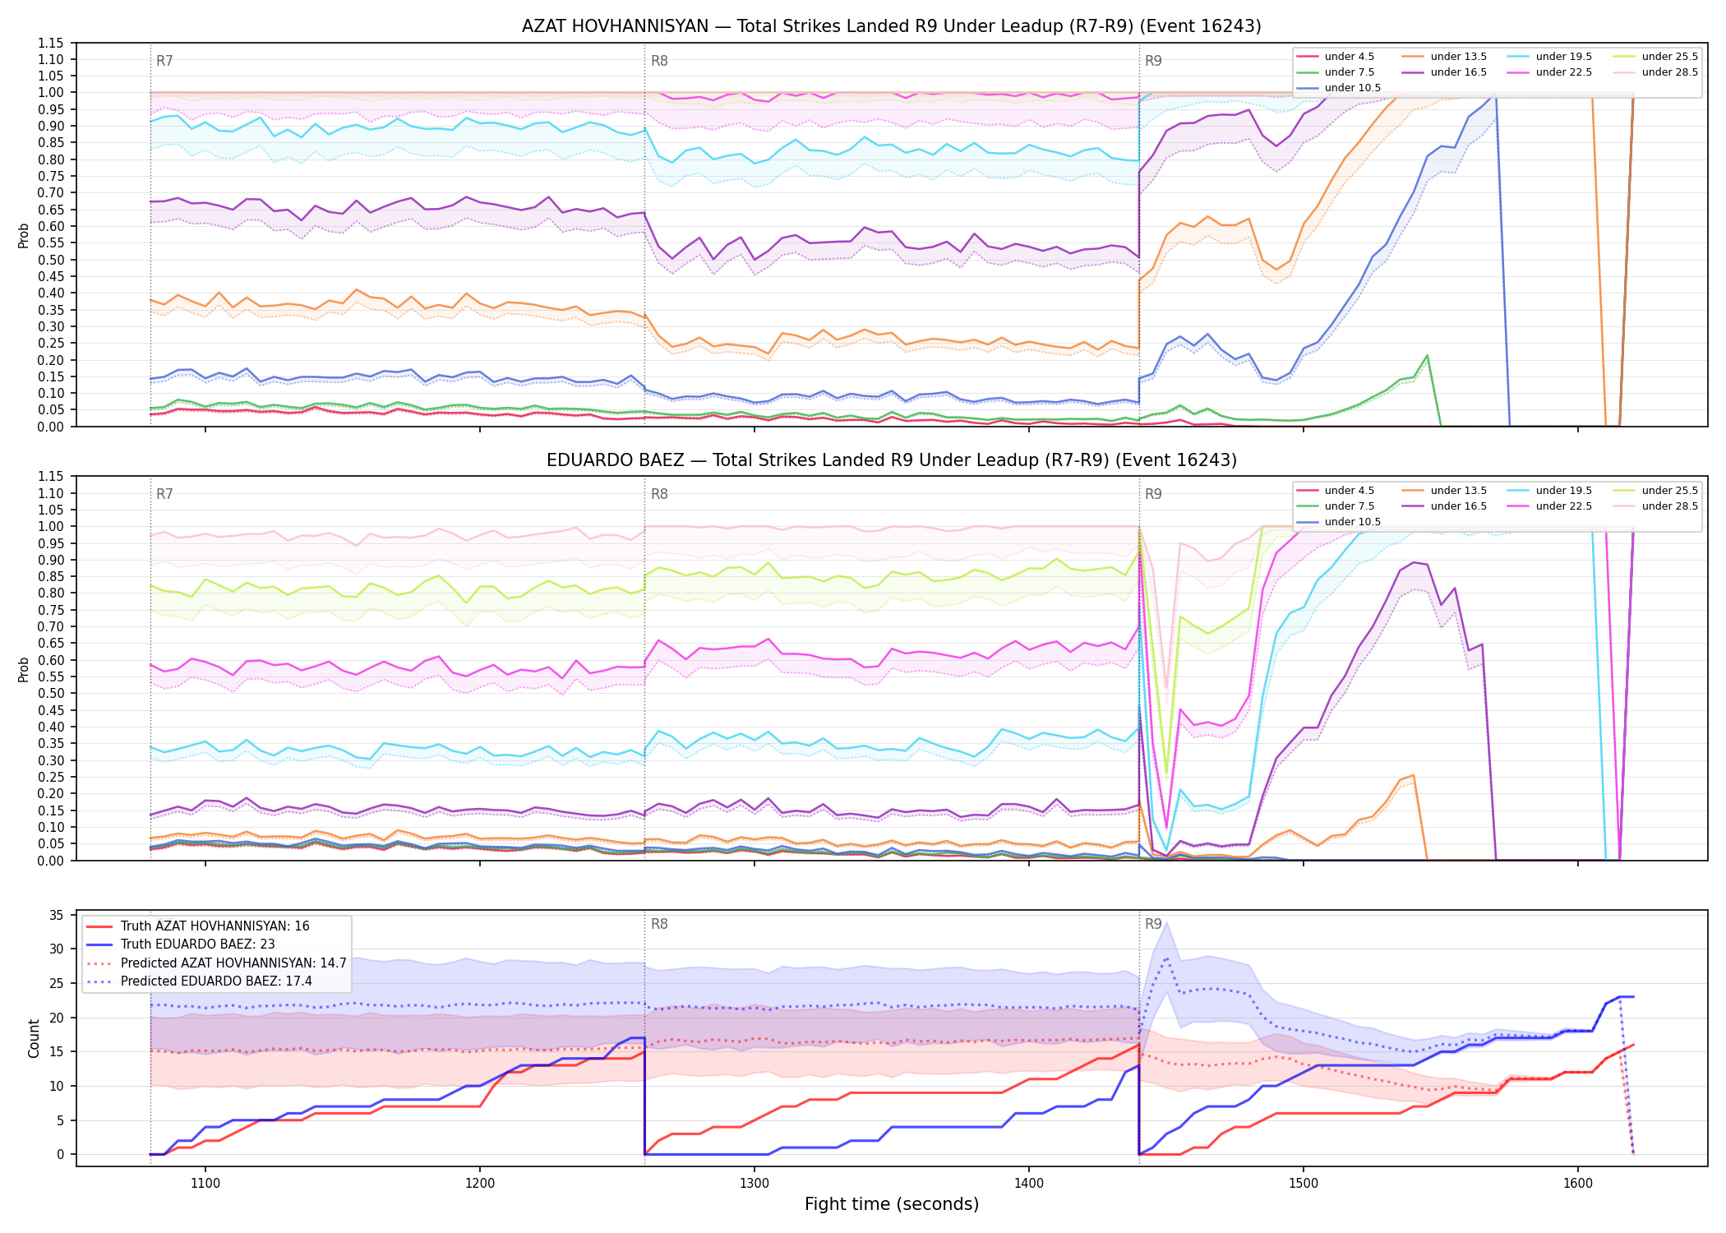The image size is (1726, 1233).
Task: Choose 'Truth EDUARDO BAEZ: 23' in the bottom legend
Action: tap(197, 944)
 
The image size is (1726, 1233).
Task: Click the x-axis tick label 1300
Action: tap(755, 1184)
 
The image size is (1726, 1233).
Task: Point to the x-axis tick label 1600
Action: tap(1578, 1184)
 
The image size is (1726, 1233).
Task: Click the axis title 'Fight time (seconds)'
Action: tap(892, 1204)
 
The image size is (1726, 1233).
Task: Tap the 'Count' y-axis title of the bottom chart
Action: tap(34, 1038)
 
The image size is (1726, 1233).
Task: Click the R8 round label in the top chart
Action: tap(659, 61)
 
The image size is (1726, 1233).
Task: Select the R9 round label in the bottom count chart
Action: tap(1153, 924)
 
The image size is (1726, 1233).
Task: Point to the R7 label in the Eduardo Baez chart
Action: tap(164, 494)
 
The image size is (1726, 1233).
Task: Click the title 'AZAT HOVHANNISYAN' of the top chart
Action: tap(615, 26)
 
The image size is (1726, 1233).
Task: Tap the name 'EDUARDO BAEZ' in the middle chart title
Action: tap(615, 460)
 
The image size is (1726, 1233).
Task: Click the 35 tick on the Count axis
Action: tap(57, 915)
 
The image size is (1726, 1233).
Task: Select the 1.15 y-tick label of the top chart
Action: tap(51, 43)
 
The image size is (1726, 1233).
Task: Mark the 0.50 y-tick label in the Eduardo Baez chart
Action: tap(51, 693)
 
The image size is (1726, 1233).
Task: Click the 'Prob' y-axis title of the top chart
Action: tap(24, 235)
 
